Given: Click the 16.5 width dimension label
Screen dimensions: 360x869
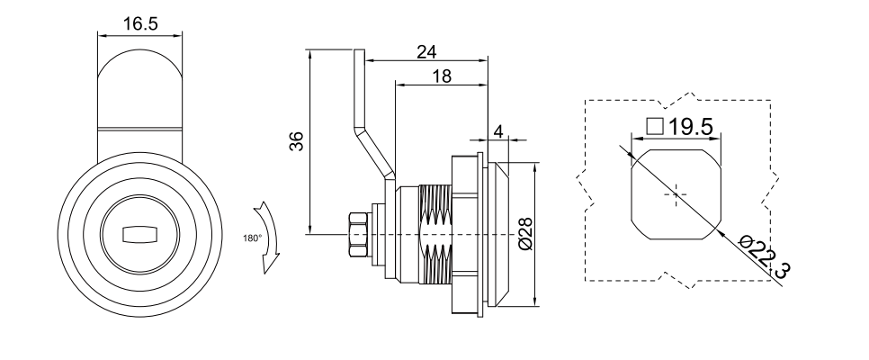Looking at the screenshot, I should tap(140, 24).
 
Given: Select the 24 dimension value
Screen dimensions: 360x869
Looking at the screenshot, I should tap(427, 51).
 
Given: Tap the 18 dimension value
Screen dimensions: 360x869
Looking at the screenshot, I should tap(441, 77).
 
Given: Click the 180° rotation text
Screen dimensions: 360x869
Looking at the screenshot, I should tap(252, 238).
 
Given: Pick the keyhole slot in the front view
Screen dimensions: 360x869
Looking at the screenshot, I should tap(139, 234).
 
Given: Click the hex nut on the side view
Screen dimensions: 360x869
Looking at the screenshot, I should tap(356, 235).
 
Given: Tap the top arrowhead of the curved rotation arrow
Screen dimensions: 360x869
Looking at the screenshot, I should tap(261, 208).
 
